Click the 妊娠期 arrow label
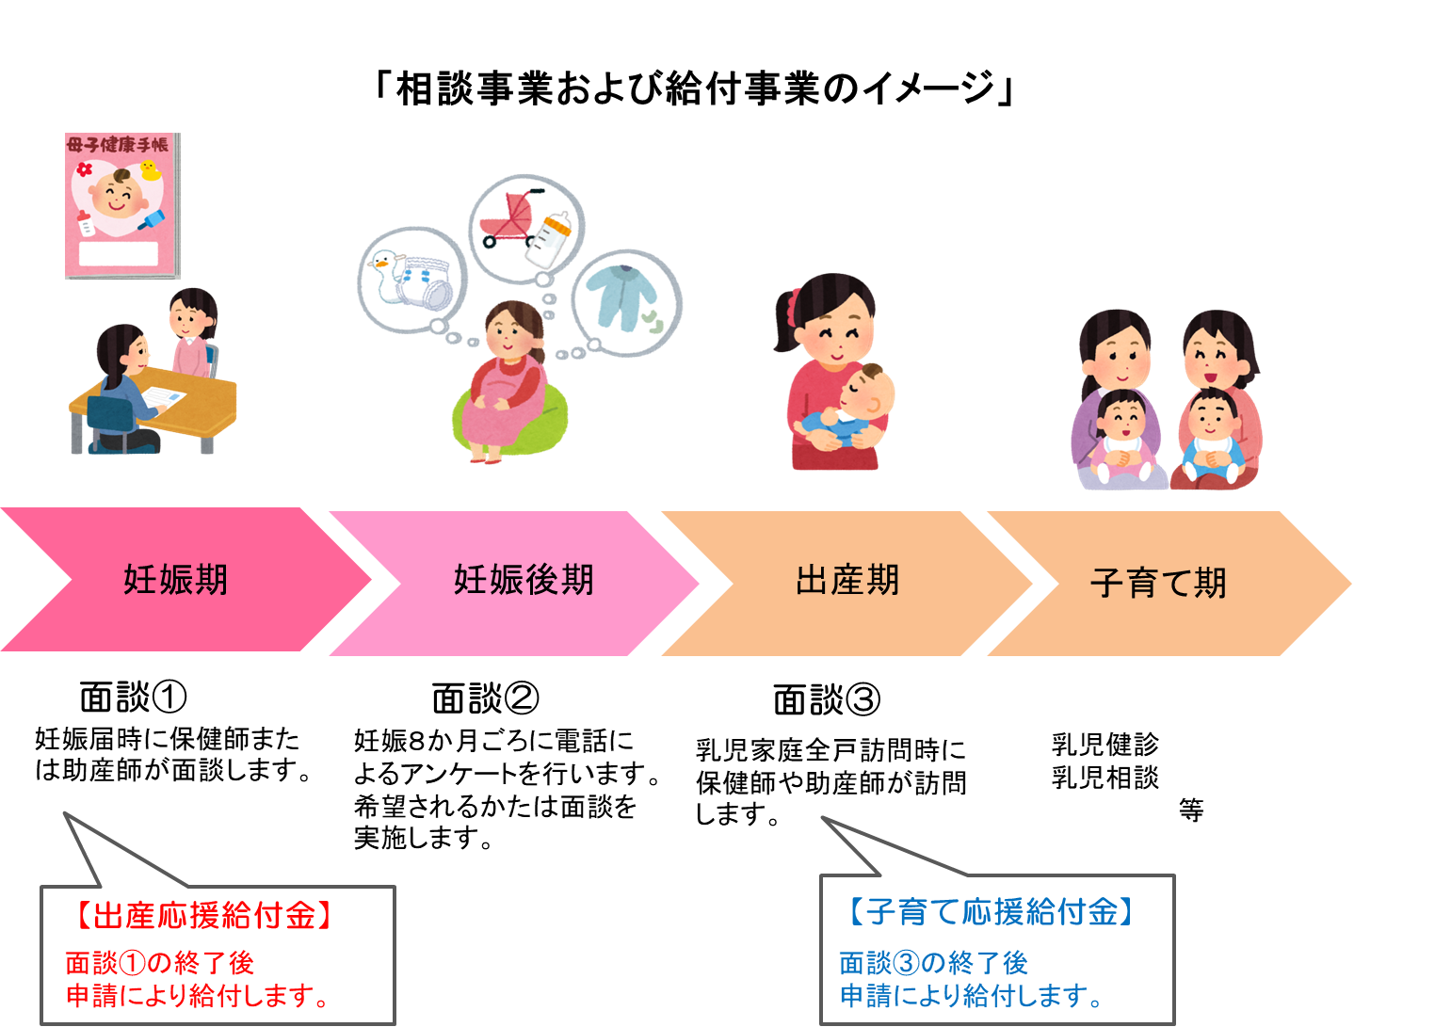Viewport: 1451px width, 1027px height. [176, 580]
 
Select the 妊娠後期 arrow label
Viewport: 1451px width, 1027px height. [524, 580]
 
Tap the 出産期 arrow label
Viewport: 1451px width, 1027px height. [847, 580]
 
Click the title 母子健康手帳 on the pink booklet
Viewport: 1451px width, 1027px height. [118, 145]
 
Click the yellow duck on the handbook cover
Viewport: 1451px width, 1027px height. [149, 170]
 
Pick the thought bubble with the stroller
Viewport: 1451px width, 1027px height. [525, 228]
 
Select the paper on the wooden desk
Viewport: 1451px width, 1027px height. [162, 398]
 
